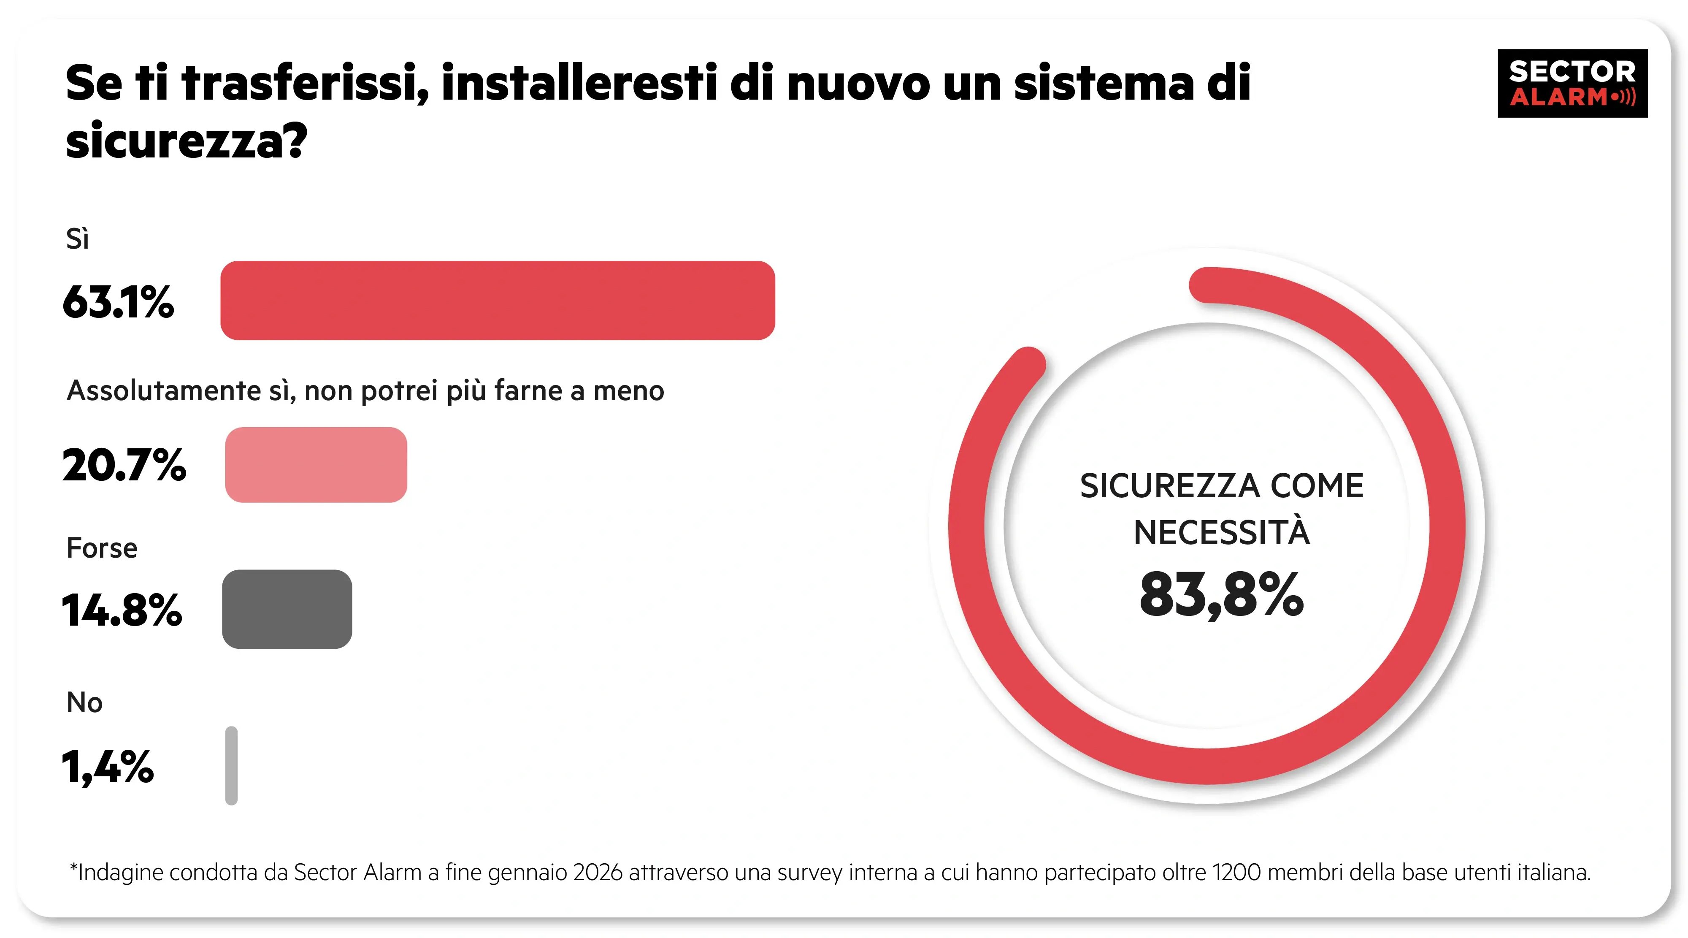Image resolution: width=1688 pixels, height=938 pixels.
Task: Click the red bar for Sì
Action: pos(498,300)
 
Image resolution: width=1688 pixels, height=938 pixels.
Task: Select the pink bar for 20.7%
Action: pos(316,465)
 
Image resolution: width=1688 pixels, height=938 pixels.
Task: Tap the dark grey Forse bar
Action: pos(287,609)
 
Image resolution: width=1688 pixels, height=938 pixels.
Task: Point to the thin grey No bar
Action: pos(231,765)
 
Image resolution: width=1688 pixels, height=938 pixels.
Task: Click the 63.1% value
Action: pos(119,302)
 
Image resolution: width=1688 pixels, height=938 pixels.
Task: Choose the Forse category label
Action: pos(102,548)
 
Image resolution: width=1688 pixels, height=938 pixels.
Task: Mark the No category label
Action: pos(84,703)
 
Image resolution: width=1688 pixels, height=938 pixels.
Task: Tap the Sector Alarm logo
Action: pos(1572,83)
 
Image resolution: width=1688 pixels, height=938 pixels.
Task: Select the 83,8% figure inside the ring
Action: pos(1221,594)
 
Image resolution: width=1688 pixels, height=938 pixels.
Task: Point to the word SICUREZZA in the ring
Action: pos(1169,486)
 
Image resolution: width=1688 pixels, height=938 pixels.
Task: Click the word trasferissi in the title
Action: pos(306,83)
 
